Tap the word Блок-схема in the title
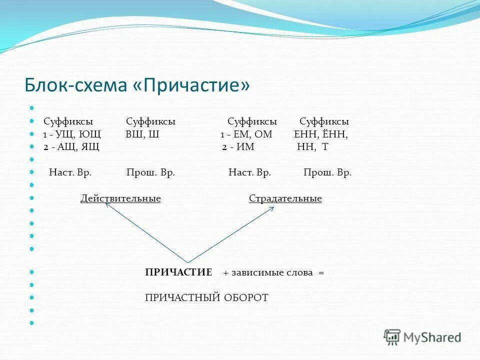tap(75, 85)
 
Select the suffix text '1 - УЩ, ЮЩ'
tap(71, 134)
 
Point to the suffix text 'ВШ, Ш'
tap(142, 134)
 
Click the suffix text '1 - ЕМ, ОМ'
tap(246, 134)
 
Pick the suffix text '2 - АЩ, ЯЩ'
tap(71, 147)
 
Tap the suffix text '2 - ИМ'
tap(238, 147)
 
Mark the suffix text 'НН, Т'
tap(312, 147)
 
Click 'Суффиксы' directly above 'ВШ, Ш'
tap(150, 121)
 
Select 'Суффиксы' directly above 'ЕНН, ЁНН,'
tap(324, 121)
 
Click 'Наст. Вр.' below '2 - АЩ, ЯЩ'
tap(70, 172)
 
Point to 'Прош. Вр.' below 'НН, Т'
tap(327, 172)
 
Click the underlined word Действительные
tap(120, 199)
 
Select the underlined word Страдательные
tap(285, 199)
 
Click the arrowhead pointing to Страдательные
tap(271, 208)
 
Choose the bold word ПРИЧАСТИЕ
tap(178, 272)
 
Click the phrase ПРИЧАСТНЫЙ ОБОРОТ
tap(206, 298)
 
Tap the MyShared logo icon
tap(392, 336)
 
